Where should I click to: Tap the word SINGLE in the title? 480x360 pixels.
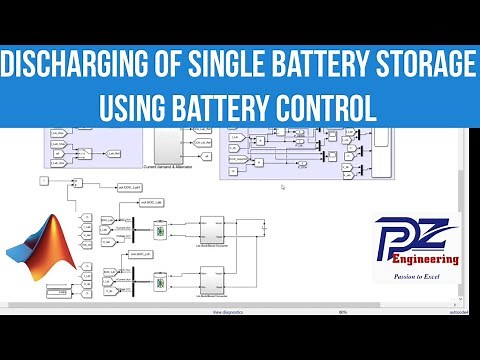pyautogui.click(x=225, y=66)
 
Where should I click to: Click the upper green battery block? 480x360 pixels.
pyautogui.click(x=158, y=231)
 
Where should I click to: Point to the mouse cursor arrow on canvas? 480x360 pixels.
pyautogui.click(x=284, y=187)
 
